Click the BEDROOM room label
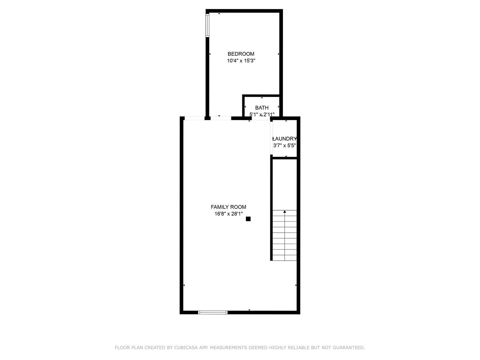point(241,54)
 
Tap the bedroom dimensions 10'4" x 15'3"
point(241,61)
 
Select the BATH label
point(262,108)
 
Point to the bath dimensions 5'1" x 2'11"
point(262,114)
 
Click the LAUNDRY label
point(284,139)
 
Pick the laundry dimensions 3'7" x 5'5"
point(285,145)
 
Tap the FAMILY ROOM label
point(228,207)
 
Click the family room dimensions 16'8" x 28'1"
point(228,214)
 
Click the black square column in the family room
point(248,219)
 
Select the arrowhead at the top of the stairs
point(284,212)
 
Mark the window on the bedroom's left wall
point(207,25)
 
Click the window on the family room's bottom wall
point(213,312)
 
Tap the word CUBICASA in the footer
point(186,348)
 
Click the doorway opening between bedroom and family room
point(221,118)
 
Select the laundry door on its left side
point(271,137)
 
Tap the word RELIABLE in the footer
point(298,348)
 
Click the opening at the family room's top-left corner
point(194,118)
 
